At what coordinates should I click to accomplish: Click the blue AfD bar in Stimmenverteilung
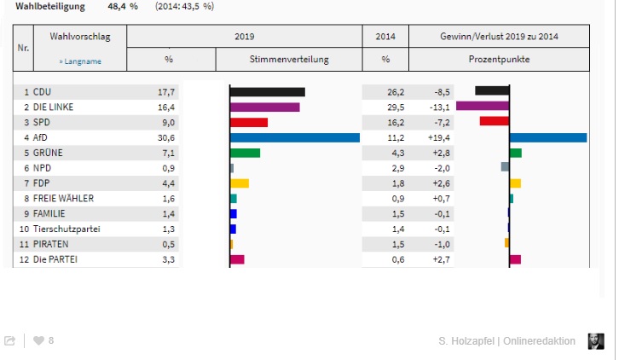295,137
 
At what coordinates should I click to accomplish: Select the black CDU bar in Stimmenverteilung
267,92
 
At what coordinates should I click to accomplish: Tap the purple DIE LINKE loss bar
483,107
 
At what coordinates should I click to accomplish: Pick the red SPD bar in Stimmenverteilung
249,122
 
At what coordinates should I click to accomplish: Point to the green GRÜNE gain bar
515,153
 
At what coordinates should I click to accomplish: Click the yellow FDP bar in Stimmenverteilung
240,183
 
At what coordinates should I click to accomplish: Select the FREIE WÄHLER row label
64,199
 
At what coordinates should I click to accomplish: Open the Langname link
75,61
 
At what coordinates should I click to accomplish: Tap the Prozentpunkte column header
499,60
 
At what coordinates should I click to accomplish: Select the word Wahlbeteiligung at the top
50,6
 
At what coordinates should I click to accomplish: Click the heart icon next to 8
38,340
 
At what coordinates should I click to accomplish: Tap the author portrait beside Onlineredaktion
595,340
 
